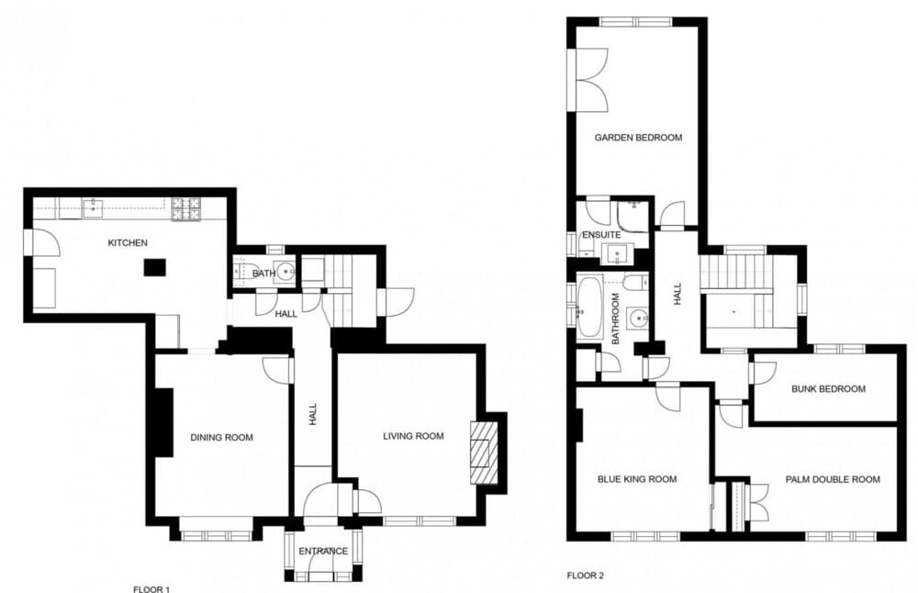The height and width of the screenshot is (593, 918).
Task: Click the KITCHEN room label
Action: click(x=128, y=243)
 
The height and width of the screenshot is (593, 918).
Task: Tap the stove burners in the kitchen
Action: click(x=186, y=209)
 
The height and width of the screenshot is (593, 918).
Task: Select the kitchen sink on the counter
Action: click(x=93, y=207)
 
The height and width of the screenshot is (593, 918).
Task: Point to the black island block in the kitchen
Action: click(x=154, y=267)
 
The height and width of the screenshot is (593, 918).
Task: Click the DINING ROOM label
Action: click(x=222, y=437)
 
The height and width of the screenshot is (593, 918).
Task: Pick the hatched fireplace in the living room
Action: click(x=484, y=453)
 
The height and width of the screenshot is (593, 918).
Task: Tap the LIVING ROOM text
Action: click(x=413, y=436)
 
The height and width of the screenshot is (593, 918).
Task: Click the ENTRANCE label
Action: click(x=323, y=552)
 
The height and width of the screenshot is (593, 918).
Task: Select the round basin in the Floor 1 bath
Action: click(x=285, y=273)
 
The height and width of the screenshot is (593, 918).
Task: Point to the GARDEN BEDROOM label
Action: click(x=638, y=138)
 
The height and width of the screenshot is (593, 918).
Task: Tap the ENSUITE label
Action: click(x=601, y=235)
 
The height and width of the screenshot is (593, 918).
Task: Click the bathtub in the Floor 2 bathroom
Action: click(x=589, y=308)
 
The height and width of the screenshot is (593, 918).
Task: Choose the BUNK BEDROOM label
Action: click(x=828, y=388)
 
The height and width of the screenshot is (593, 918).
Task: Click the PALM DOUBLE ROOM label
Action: click(x=833, y=479)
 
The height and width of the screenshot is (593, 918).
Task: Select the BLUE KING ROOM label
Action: click(x=637, y=479)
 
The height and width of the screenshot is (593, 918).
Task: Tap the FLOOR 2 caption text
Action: click(x=585, y=576)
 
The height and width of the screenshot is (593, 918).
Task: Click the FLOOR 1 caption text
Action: click(x=151, y=589)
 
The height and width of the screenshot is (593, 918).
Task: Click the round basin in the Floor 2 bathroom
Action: click(x=637, y=319)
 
